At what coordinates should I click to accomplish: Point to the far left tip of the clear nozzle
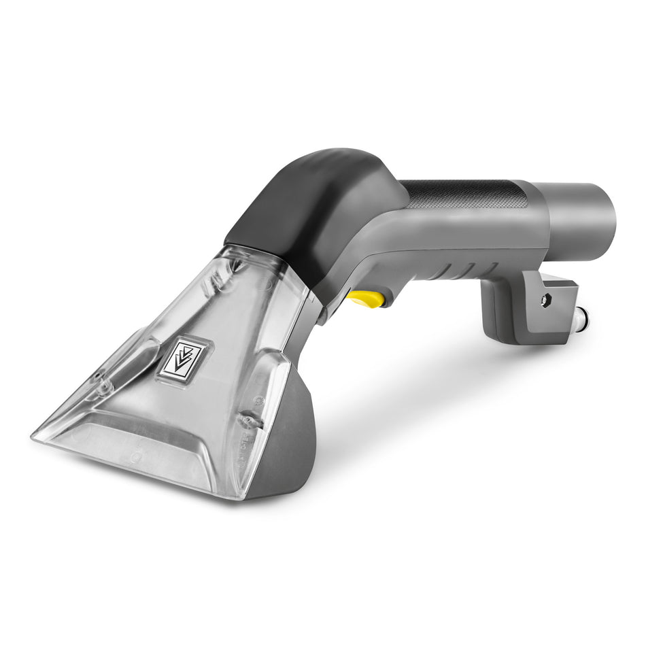(x=34, y=434)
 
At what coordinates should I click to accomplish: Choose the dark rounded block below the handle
(x=503, y=313)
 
